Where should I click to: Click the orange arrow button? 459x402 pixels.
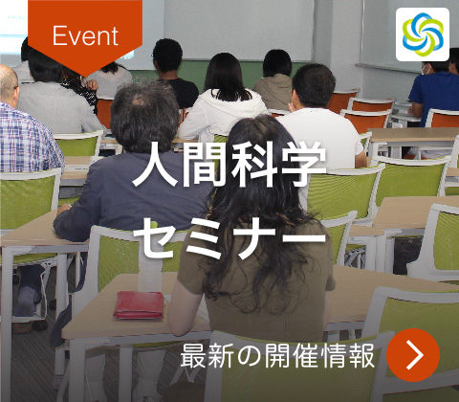[414, 354]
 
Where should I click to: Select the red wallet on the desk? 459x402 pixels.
[140, 304]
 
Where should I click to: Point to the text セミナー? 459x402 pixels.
[229, 238]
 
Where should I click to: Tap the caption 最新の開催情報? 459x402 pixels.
[278, 355]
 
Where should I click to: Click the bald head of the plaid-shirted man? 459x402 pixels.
[8, 84]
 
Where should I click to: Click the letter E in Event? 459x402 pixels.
[59, 36]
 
